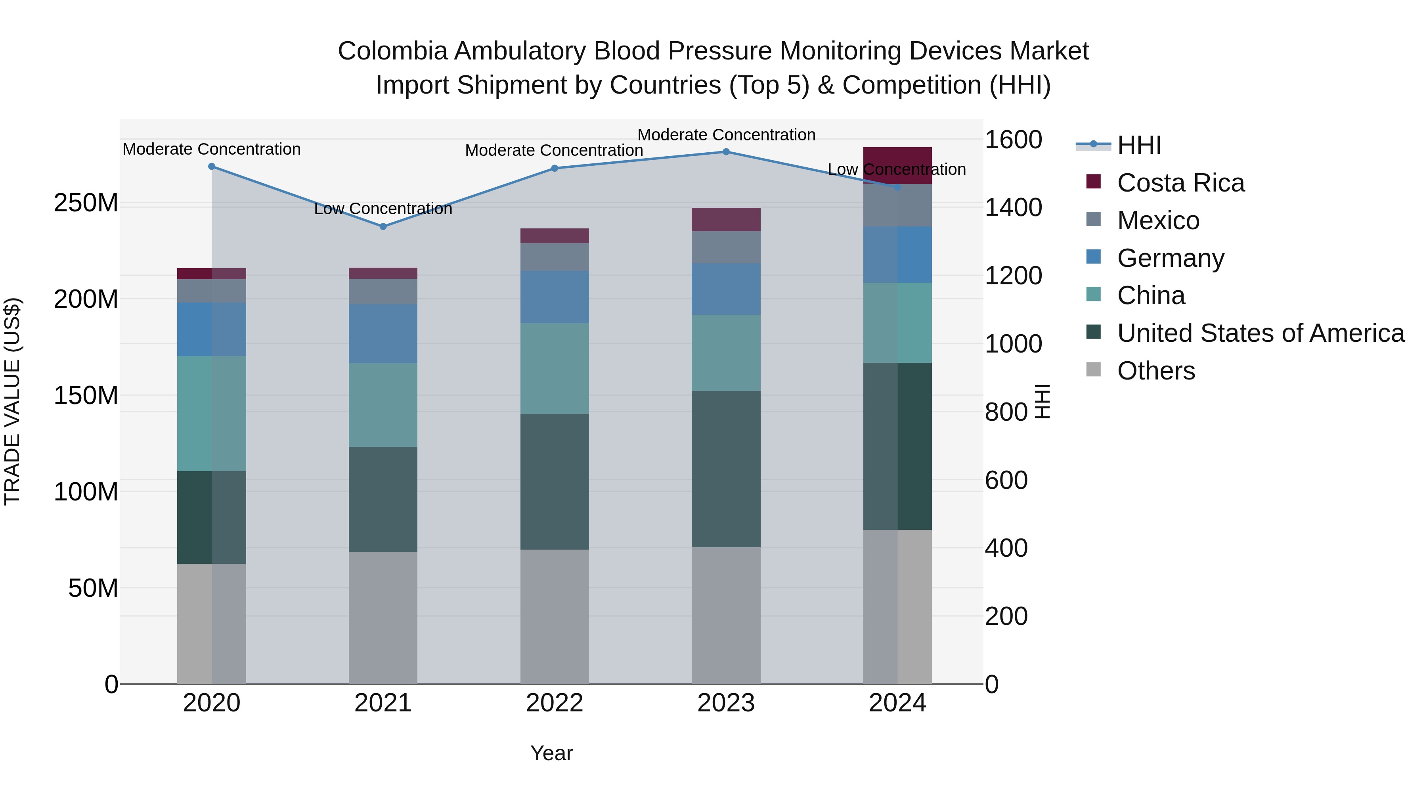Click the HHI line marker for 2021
click(x=383, y=226)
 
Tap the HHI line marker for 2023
click(x=726, y=152)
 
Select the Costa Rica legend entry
click(x=1180, y=183)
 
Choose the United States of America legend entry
click(x=1260, y=333)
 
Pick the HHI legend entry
click(x=1138, y=145)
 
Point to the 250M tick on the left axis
click(x=86, y=203)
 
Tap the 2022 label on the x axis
click(x=554, y=703)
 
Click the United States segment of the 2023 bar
click(x=726, y=469)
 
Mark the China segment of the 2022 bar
click(x=554, y=368)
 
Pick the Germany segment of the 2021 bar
click(x=383, y=333)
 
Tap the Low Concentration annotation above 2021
click(x=383, y=209)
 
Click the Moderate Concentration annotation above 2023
click(x=726, y=135)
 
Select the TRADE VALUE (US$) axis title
click(x=12, y=401)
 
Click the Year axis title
click(x=551, y=753)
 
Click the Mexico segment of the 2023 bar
click(x=726, y=247)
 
